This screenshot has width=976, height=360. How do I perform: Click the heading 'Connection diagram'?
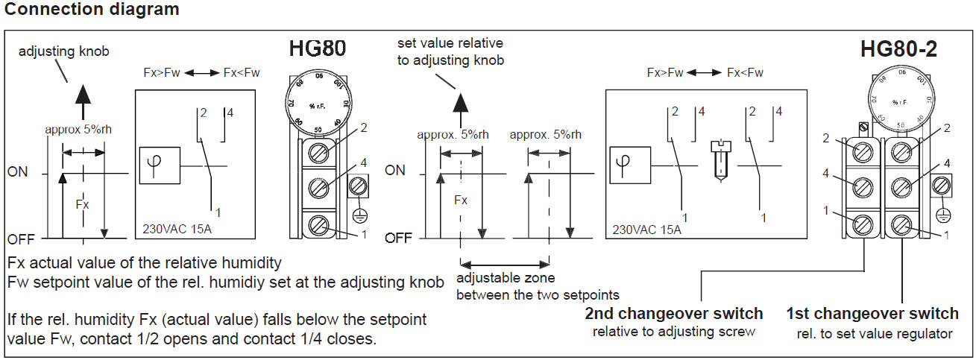click(92, 10)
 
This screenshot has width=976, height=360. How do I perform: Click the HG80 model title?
click(318, 50)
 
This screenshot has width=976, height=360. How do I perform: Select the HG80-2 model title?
click(898, 49)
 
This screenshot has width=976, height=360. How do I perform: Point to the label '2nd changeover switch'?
click(674, 313)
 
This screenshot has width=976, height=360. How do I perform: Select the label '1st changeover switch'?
click(872, 313)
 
